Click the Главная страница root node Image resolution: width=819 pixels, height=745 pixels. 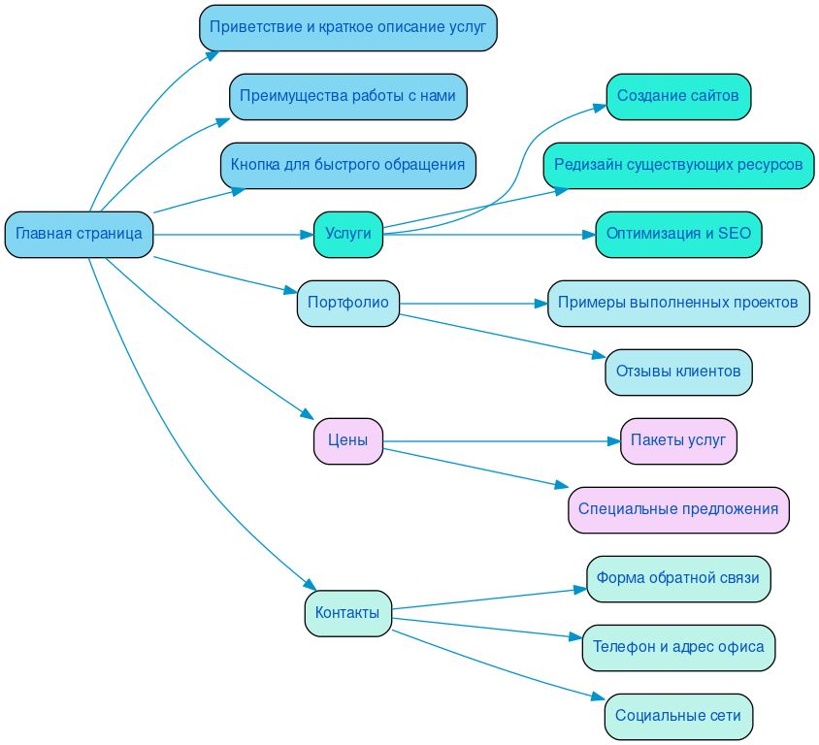click(79, 234)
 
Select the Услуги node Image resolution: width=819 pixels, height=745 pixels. click(347, 234)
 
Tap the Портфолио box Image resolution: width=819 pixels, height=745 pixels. click(347, 303)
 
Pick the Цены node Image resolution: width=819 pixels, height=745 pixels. click(347, 440)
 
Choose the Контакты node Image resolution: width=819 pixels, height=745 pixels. click(347, 613)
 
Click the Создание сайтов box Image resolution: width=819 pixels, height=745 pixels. click(677, 96)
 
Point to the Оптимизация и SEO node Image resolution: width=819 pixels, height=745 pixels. click(677, 234)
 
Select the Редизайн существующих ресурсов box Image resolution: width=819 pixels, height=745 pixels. click(677, 165)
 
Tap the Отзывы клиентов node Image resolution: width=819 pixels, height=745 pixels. click(677, 372)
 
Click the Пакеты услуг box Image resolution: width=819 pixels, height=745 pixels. click(677, 440)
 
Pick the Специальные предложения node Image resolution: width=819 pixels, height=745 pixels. click(677, 509)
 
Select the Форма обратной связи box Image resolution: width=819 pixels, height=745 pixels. click(677, 578)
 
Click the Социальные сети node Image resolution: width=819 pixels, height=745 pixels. click(677, 716)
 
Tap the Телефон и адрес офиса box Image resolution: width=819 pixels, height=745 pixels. click(677, 647)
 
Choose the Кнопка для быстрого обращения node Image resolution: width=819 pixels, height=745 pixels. click(347, 165)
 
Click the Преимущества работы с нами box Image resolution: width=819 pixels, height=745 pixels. click(347, 96)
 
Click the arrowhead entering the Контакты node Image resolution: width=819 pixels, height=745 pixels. click(310, 585)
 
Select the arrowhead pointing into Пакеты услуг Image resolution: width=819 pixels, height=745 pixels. click(613, 441)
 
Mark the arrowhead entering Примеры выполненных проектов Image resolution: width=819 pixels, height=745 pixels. click(541, 304)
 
